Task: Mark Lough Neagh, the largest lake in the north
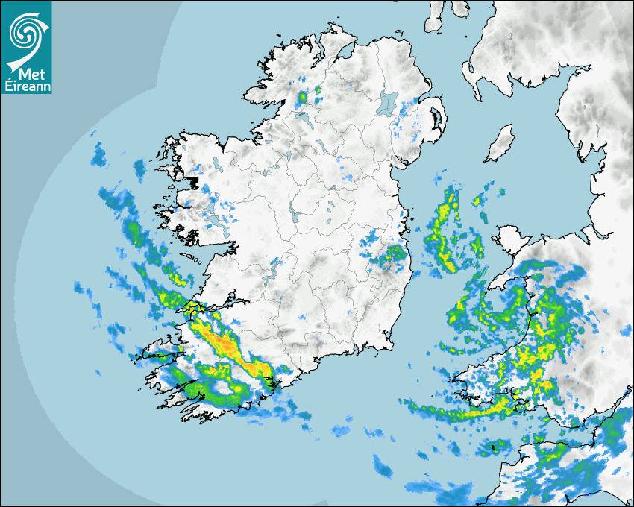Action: pyautogui.click(x=388, y=103)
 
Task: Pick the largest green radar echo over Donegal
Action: pyautogui.click(x=302, y=98)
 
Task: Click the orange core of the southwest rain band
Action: pyautogui.click(x=224, y=343)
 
